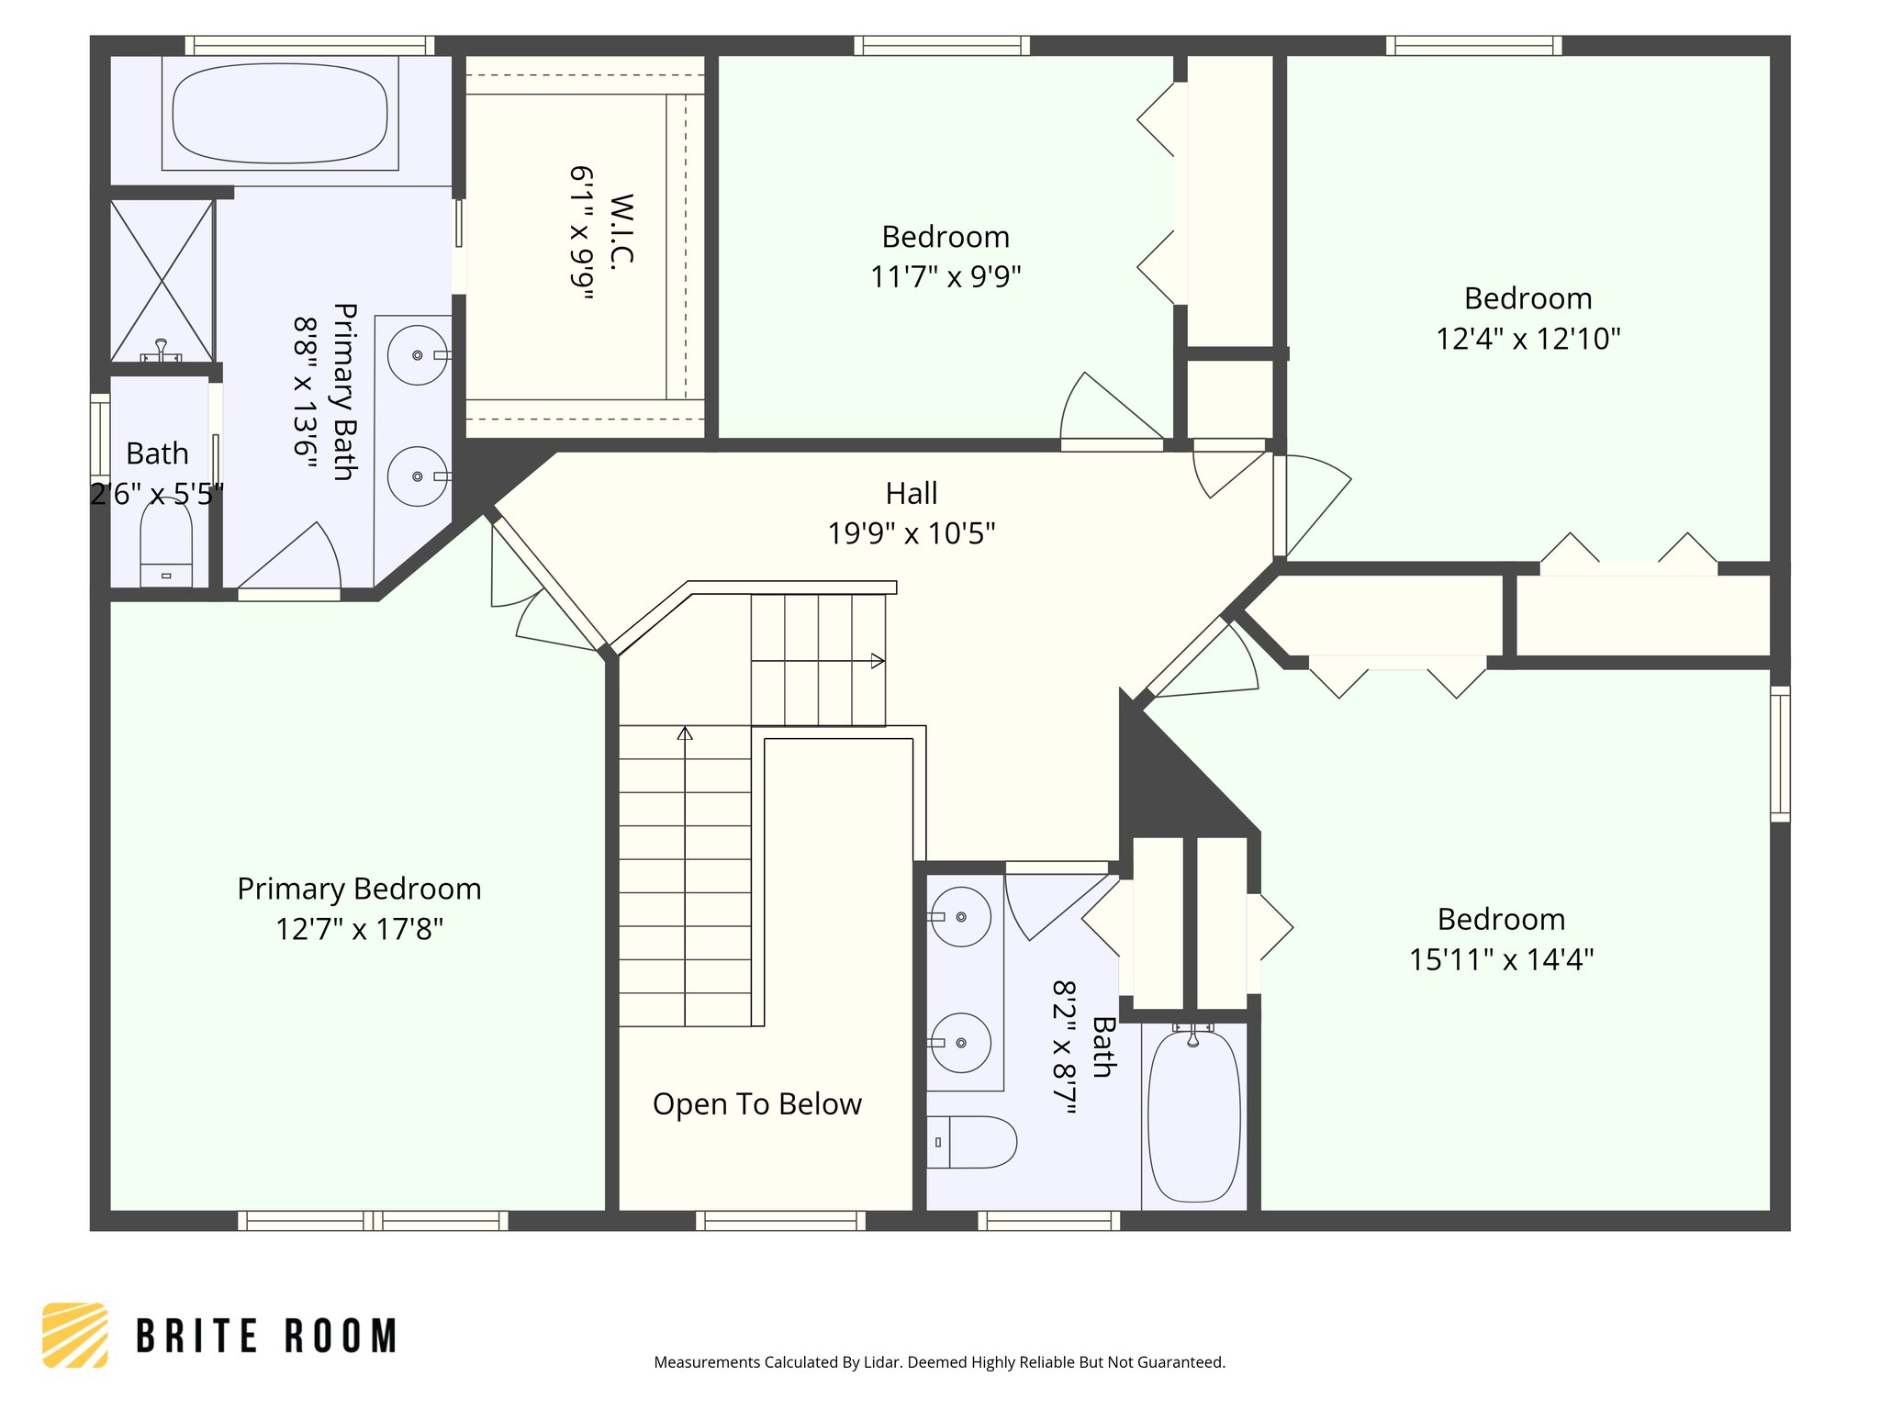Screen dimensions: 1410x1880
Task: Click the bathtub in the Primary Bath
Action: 280,114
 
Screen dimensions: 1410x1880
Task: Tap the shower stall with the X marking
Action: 162,280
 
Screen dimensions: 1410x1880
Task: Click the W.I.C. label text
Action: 621,229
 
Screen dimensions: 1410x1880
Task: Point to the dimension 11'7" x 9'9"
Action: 945,276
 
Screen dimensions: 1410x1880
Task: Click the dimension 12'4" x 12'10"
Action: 1527,339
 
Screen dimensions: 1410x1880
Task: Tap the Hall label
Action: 911,494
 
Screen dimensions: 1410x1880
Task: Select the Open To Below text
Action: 756,1104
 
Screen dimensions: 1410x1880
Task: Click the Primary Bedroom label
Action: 359,889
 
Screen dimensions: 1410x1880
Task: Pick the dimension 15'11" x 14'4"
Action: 1501,960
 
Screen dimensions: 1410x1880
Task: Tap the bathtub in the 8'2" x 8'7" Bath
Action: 1193,1115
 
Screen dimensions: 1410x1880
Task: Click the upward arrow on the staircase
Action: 685,733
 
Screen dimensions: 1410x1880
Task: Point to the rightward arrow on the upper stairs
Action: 878,661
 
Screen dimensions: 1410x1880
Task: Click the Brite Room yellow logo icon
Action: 75,1335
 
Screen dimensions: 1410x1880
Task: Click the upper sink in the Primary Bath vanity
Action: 418,354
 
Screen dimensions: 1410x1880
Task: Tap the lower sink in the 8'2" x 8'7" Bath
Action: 960,1043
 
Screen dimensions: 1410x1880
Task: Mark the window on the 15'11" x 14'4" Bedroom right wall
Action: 1779,753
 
